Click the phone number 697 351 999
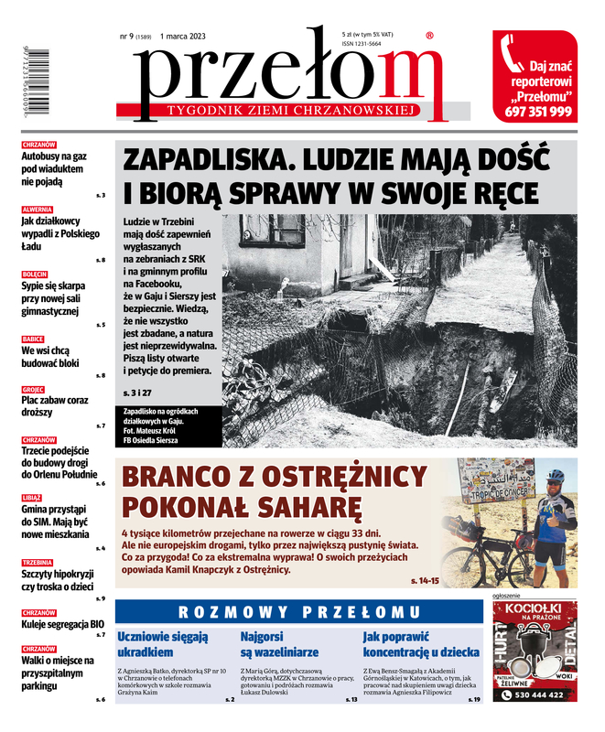[x=537, y=113]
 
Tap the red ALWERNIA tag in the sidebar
[x=37, y=210]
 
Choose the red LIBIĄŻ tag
[x=32, y=497]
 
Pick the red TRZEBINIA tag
[x=38, y=562]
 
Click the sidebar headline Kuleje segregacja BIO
[x=62, y=624]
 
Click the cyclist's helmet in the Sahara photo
[x=555, y=477]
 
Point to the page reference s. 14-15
[x=426, y=581]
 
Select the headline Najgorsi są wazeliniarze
[x=279, y=644]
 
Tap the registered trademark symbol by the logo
[x=430, y=37]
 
